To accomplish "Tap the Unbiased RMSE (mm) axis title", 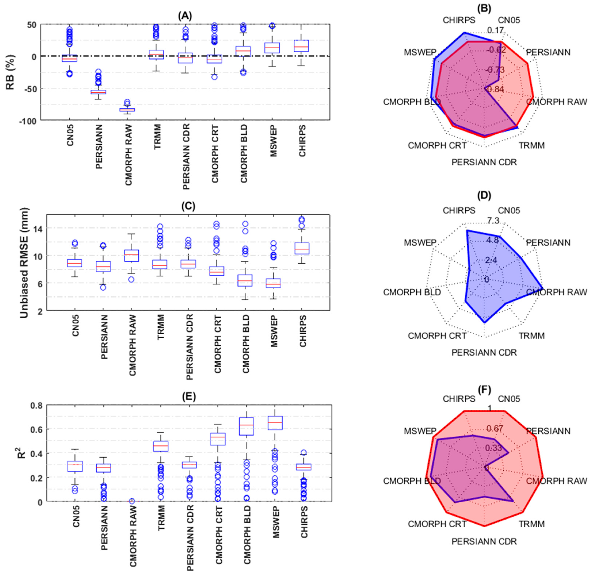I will (x=24, y=263).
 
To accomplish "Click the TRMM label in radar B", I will (x=532, y=146).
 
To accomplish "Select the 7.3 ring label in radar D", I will (x=493, y=221).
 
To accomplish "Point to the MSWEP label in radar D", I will (x=420, y=243).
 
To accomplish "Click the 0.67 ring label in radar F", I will (x=495, y=428).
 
